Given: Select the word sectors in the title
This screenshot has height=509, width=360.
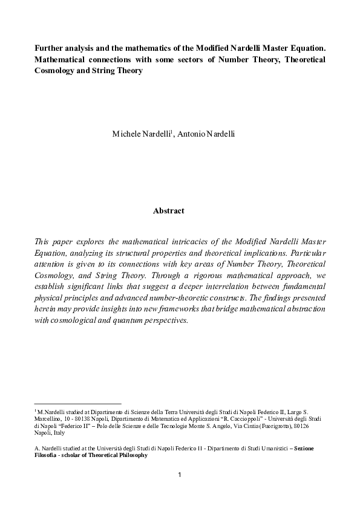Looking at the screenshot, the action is [x=194, y=59].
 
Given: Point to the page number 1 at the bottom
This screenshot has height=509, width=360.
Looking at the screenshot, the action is [x=180, y=475].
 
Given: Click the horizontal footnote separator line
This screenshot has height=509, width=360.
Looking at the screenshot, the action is [x=78, y=403].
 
